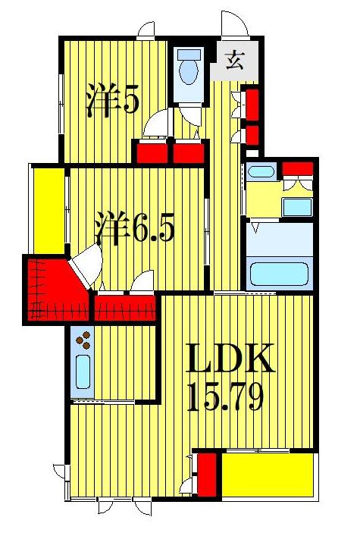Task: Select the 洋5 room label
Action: [112, 101]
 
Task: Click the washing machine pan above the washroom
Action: [261, 171]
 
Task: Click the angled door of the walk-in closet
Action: [83, 265]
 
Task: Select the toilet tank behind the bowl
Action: [186, 55]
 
